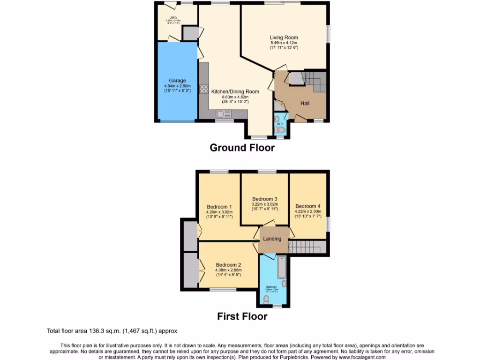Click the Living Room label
tap(284, 37)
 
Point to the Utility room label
tap(173, 18)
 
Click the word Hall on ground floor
tap(305, 103)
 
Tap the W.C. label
tap(279, 124)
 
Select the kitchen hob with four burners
tap(204, 89)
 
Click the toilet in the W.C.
tap(281, 130)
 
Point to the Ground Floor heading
tap(242, 148)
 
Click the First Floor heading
tap(242, 316)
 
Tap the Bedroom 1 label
tap(219, 207)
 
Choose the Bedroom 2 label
tap(228, 264)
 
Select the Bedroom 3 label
tap(265, 198)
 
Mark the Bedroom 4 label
tap(308, 206)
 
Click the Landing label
tap(272, 239)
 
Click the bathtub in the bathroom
tap(281, 268)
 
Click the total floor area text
tap(112, 330)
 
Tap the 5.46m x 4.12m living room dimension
tap(284, 43)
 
